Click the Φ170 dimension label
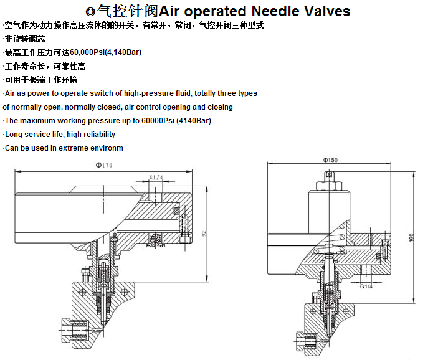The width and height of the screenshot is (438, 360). pyautogui.click(x=103, y=166)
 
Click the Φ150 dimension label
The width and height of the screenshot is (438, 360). pyautogui.click(x=330, y=161)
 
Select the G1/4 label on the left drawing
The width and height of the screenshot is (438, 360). pyautogui.click(x=156, y=178)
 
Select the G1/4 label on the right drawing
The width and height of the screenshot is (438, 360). pyautogui.click(x=366, y=287)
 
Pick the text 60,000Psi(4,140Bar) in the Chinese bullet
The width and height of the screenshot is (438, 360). pyautogui.click(x=106, y=52)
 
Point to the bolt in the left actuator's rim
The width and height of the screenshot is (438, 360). pyautogui.click(x=184, y=222)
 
